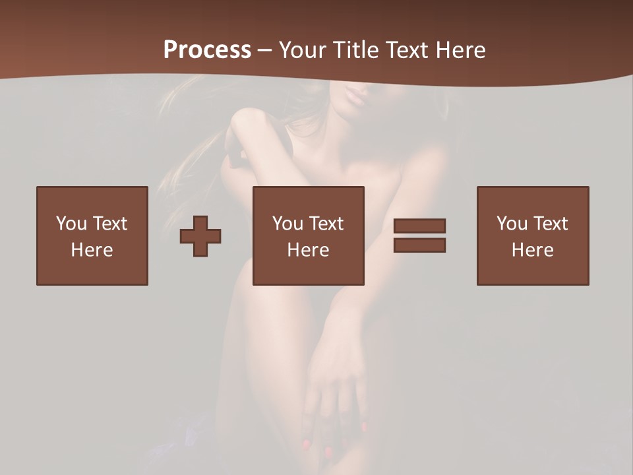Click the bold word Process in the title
tap(207, 49)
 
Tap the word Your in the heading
tap(303, 50)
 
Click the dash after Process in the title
tap(264, 51)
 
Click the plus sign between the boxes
tap(200, 236)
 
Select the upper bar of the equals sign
tap(419, 226)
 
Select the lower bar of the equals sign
tap(419, 245)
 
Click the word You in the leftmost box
tap(71, 224)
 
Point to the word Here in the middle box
tap(309, 250)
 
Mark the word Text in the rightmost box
tap(550, 224)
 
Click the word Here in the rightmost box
tap(533, 250)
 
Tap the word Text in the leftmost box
tap(109, 224)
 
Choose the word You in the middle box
tap(287, 224)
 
